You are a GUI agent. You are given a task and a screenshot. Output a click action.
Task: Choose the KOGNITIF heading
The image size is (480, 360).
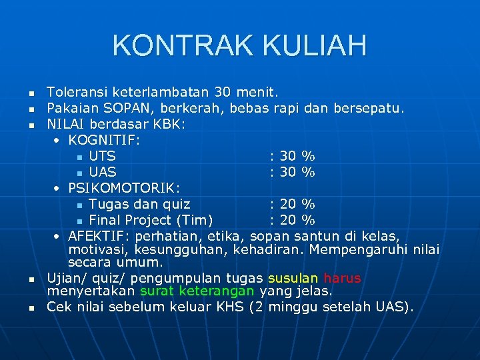109,140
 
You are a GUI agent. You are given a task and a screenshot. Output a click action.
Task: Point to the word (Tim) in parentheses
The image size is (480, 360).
194,220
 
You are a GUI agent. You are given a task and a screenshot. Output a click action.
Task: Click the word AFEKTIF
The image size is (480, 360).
94,236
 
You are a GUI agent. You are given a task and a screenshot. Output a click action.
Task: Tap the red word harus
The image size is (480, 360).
342,278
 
